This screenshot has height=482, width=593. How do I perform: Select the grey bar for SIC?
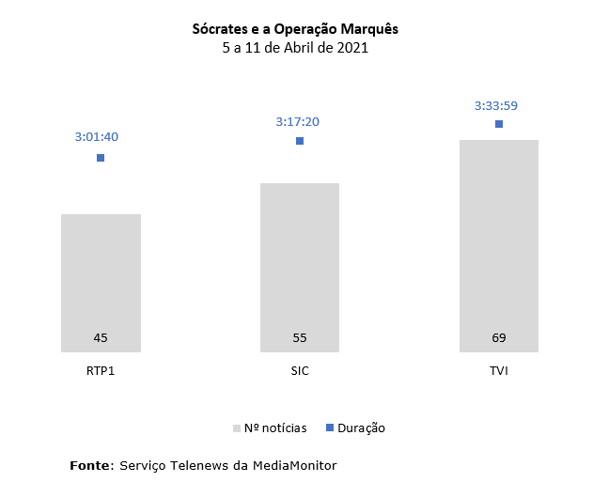pyautogui.click(x=300, y=263)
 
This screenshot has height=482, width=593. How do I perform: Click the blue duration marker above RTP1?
pyautogui.click(x=101, y=158)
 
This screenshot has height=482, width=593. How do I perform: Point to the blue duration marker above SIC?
pyautogui.click(x=300, y=141)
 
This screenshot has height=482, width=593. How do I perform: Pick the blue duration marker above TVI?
pyautogui.click(x=499, y=124)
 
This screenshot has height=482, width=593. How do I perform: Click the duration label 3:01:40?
pyautogui.click(x=97, y=137)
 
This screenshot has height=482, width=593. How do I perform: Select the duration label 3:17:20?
pyautogui.click(x=297, y=122)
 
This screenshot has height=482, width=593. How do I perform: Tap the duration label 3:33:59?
pyautogui.click(x=496, y=105)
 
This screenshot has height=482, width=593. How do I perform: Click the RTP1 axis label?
pyautogui.click(x=101, y=370)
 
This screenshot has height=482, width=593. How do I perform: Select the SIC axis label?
pyautogui.click(x=300, y=370)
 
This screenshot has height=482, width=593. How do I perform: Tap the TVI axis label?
pyautogui.click(x=499, y=370)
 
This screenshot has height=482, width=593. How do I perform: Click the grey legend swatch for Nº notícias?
pyautogui.click(x=237, y=428)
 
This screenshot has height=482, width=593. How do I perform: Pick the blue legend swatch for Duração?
pyautogui.click(x=330, y=428)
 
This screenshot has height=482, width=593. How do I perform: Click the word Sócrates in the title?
pyautogui.click(x=223, y=29)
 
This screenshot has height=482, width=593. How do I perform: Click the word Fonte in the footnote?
pyautogui.click(x=90, y=465)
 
